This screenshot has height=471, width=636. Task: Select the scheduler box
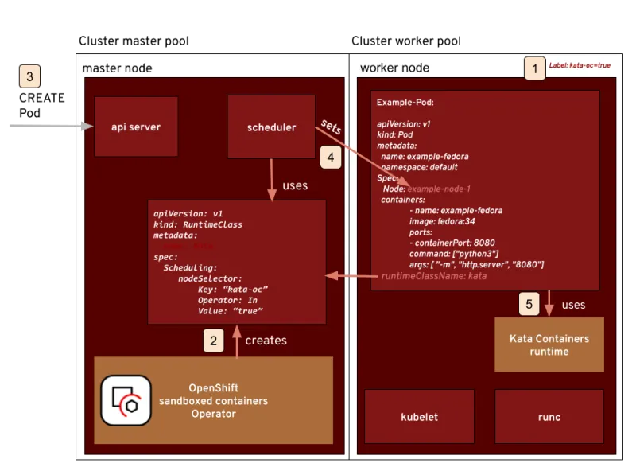coord(271,127)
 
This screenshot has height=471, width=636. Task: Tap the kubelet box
coord(419,417)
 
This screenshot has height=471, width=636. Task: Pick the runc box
coord(549,417)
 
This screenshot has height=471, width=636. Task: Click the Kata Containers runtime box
coord(549,344)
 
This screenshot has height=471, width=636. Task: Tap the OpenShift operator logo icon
coord(126,399)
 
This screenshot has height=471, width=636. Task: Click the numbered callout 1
coord(534,68)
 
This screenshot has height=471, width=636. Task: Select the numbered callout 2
coord(212,340)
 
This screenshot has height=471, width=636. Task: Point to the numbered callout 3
coord(30,77)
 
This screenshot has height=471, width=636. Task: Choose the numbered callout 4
coord(331,157)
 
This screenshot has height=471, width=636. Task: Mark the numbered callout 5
coord(529,303)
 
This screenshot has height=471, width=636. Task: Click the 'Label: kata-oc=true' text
coord(580,65)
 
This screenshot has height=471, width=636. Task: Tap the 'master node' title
coord(117,68)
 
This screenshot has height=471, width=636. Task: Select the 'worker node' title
coord(394,68)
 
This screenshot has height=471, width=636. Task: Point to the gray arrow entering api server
coord(48,125)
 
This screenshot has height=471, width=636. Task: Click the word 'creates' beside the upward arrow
coord(266,340)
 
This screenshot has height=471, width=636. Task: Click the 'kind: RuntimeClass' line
coord(198,224)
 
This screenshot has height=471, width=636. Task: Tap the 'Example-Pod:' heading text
coord(405,103)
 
